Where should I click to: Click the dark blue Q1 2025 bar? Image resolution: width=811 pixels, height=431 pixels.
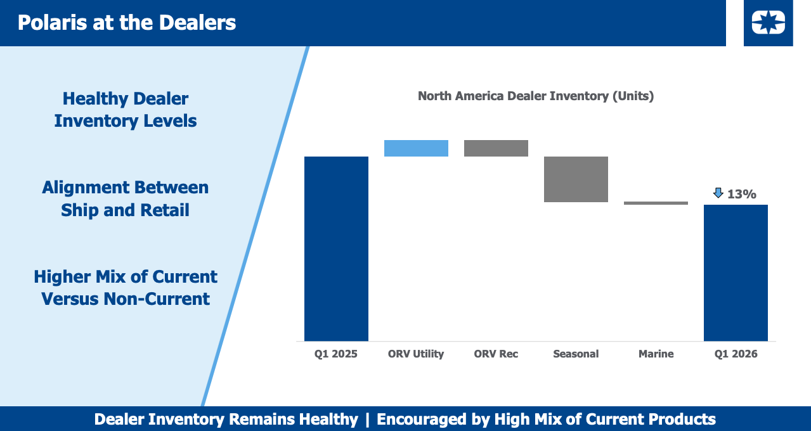click(336, 248)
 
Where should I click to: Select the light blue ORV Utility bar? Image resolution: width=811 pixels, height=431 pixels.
click(416, 148)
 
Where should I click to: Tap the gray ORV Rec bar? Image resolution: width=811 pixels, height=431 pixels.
click(496, 148)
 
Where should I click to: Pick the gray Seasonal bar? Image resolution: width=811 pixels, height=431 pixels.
click(576, 179)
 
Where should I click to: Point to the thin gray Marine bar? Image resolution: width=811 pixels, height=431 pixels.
click(656, 203)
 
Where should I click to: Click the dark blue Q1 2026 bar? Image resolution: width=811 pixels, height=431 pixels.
click(736, 273)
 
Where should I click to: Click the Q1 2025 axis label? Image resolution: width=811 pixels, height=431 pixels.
click(336, 354)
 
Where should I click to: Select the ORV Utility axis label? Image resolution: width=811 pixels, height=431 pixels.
click(416, 354)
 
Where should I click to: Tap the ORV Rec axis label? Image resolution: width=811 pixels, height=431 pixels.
click(496, 354)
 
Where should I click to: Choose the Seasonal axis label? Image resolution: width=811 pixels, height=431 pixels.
click(576, 354)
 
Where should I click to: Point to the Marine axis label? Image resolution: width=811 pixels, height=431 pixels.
click(656, 354)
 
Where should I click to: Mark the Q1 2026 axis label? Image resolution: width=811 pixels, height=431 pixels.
click(736, 354)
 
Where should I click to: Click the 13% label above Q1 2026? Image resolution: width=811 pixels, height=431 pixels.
click(741, 194)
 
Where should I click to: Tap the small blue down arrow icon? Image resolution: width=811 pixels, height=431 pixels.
click(718, 193)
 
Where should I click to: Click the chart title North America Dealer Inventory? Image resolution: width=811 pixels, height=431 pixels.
click(535, 96)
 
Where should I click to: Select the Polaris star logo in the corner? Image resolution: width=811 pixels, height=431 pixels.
click(768, 23)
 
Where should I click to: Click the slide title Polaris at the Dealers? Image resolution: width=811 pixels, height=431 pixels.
click(127, 23)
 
